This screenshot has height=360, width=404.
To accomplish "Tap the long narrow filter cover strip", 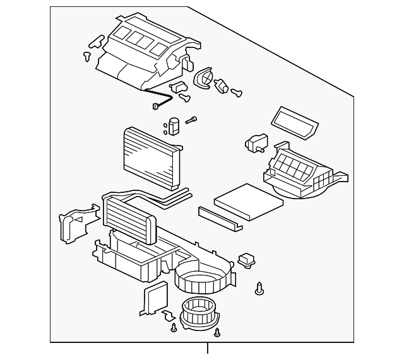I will pyautogui.click(x=221, y=218).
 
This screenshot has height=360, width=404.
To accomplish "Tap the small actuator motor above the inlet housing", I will pyautogui.click(x=258, y=142).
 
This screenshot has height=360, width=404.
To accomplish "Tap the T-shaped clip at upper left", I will pyautogui.click(x=95, y=43).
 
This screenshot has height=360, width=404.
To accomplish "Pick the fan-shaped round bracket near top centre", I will pyautogui.click(x=205, y=80).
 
